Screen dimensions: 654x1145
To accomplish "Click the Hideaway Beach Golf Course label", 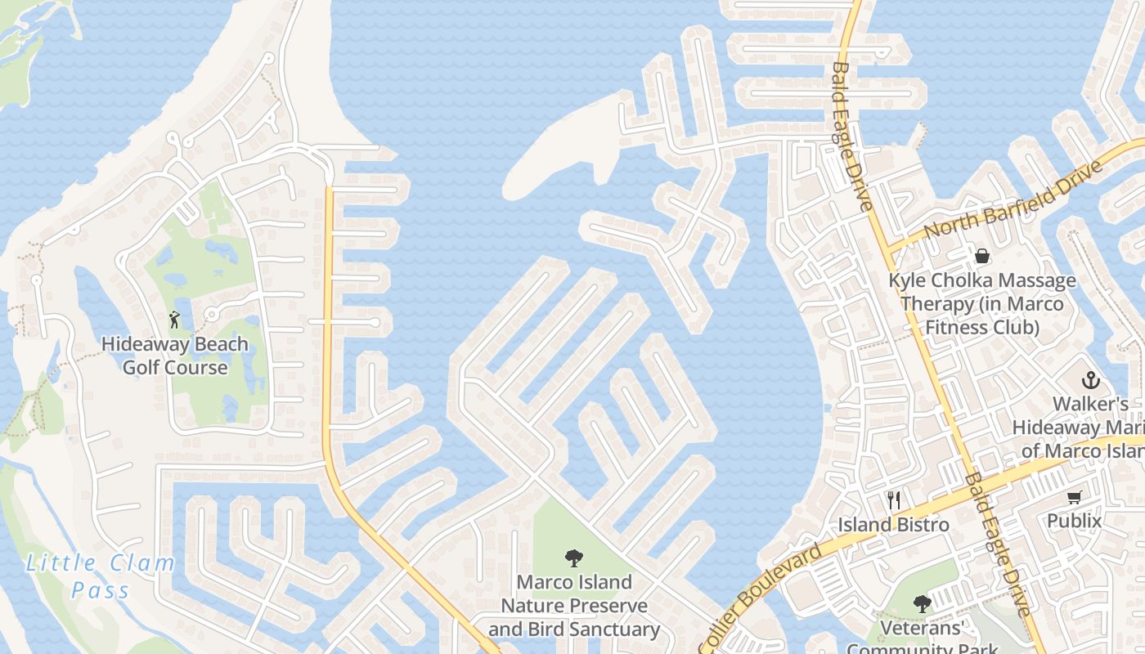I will coord(174,356).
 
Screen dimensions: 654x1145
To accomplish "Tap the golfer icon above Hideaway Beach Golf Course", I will coord(173,319).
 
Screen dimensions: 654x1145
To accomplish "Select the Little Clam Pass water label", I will coord(101,576).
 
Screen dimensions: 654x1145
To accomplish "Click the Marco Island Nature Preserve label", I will coord(574,606).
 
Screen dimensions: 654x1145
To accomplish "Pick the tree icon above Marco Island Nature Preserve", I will coord(574,558).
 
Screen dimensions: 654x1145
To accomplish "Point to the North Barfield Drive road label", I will coord(1013,199).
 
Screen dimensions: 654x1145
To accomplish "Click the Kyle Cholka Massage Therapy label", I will coord(981,304).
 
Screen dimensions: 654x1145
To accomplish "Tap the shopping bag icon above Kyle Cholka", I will coord(981,256).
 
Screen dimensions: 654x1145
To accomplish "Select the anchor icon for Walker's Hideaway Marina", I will coord(1090,380).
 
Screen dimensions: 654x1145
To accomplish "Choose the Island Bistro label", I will coord(893,525).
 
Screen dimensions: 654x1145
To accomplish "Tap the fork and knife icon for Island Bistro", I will coord(894,499).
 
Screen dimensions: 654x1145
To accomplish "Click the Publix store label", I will coord(1074,521).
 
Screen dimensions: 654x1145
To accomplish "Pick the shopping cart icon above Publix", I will coord(1074,497).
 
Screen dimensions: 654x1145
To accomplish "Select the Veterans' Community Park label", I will coord(923,638).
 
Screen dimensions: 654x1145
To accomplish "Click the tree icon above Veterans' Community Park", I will coord(923,604).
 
